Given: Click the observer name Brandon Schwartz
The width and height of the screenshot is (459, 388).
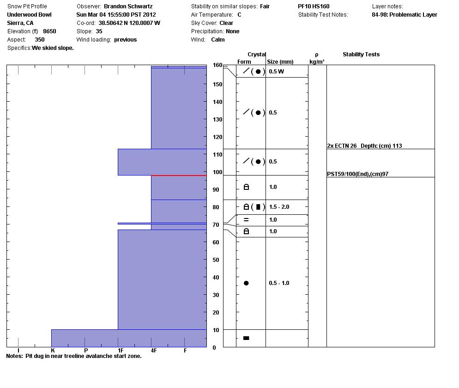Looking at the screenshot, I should click(x=127, y=6).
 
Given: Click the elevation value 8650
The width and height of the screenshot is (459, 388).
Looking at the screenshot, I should click(x=49, y=31).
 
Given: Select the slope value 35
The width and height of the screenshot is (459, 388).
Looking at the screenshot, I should click(x=99, y=31).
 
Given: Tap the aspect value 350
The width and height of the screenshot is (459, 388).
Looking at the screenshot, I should click(x=40, y=40).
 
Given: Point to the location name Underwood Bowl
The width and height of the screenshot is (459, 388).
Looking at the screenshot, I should click(x=29, y=15).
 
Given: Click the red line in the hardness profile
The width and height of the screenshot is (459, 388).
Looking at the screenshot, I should click(x=179, y=176).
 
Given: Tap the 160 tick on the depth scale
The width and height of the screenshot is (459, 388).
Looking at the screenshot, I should click(x=217, y=66).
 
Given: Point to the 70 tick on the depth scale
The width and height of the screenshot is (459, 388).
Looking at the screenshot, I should click(x=217, y=225).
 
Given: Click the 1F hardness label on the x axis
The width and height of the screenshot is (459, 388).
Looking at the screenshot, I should click(x=120, y=351).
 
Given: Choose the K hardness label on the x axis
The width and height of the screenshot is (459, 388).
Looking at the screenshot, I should click(x=53, y=351).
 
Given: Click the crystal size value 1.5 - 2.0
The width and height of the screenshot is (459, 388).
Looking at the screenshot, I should click(x=279, y=207).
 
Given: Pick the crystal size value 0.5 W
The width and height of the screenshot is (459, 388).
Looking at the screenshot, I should click(x=276, y=72).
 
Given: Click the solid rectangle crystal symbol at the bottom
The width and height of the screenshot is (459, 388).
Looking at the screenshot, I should click(x=246, y=338).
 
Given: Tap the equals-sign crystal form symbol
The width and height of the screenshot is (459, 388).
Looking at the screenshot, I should click(x=246, y=220).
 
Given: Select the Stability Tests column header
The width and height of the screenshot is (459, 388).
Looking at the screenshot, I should click(x=361, y=55).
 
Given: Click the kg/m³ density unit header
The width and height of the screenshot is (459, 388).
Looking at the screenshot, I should click(x=317, y=62).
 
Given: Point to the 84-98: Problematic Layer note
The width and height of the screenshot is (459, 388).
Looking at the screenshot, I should click(x=404, y=15).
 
